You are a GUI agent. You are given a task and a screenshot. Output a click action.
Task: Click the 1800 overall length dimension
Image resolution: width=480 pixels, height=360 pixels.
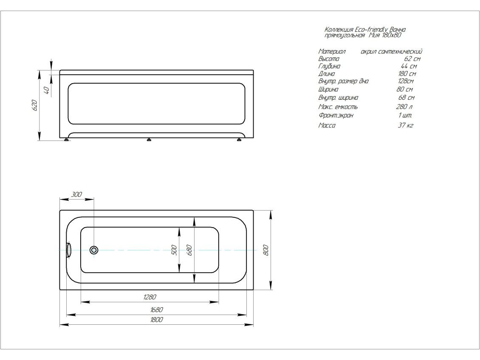[x=157, y=320]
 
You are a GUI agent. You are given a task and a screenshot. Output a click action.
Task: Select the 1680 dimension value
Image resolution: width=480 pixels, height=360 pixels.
[x=157, y=310]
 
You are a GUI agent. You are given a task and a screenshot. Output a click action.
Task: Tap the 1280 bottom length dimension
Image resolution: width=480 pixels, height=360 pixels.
[x=150, y=297]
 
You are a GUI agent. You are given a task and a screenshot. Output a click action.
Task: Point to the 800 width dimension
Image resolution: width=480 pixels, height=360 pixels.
[x=266, y=250]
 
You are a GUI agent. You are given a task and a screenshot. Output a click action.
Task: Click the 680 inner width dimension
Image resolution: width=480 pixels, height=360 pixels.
[x=189, y=250]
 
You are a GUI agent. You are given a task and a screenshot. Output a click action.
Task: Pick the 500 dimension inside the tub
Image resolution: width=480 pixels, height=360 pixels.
[x=174, y=250]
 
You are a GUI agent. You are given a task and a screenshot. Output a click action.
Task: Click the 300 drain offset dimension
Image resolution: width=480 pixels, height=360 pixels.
[x=76, y=194]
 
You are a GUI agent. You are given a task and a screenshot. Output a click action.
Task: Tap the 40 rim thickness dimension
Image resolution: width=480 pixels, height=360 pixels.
[x=47, y=90]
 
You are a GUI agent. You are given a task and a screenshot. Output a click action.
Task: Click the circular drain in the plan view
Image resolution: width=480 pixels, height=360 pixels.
[x=94, y=250]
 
